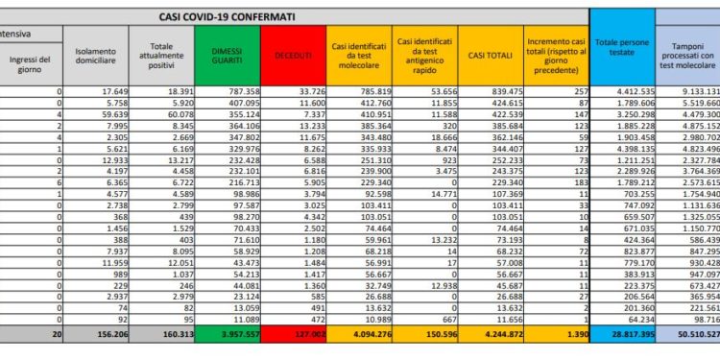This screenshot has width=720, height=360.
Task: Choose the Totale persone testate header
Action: [623, 58]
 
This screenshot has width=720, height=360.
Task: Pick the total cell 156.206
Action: [102, 335]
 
